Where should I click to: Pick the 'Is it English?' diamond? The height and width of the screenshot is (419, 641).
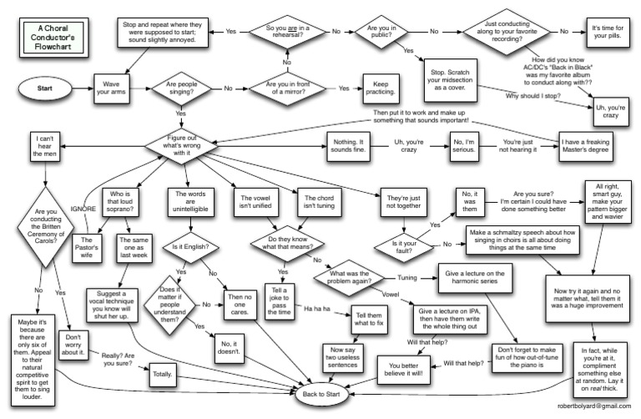[189, 248]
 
